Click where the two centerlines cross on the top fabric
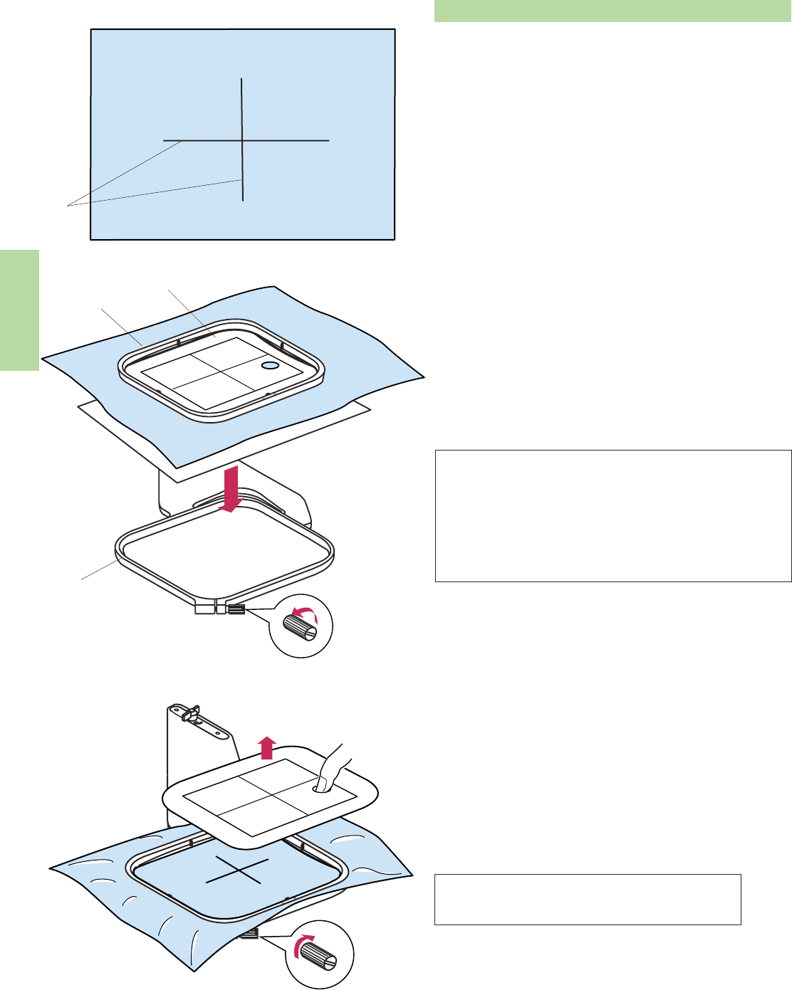tap(243, 141)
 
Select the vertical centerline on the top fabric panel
tap(243, 100)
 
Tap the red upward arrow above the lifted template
tap(267, 749)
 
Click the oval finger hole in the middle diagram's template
tap(270, 365)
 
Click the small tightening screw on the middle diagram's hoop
tap(236, 609)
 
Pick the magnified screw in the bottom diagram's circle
tap(325, 958)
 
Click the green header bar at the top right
tap(613, 11)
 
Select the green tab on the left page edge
tap(19, 310)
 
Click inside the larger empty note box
tap(613, 516)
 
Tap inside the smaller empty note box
tap(588, 900)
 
